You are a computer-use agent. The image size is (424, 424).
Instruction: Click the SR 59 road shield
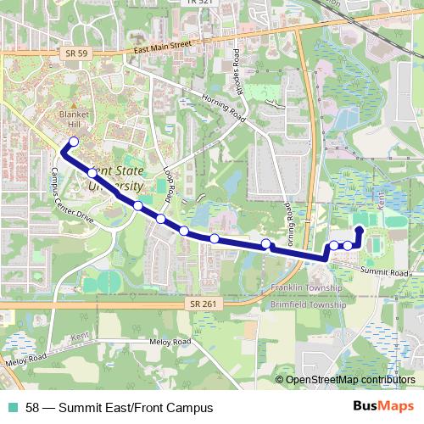(x=75, y=53)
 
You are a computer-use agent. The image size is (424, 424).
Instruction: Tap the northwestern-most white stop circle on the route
(x=74, y=142)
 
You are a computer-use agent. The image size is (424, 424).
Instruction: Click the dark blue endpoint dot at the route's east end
(x=359, y=230)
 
